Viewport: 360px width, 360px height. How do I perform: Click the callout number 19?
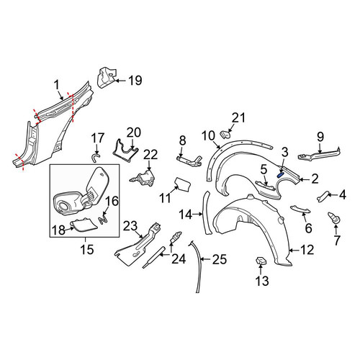[x=135, y=81]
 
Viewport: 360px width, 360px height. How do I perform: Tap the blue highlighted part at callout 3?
[x=280, y=175]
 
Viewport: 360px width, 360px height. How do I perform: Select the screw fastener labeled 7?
[x=334, y=217]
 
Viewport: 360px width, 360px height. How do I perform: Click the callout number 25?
[x=220, y=259]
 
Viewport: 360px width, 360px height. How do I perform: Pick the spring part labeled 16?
[x=103, y=219]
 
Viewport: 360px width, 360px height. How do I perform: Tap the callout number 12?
[x=307, y=250]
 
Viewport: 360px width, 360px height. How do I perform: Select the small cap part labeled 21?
[x=225, y=135]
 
